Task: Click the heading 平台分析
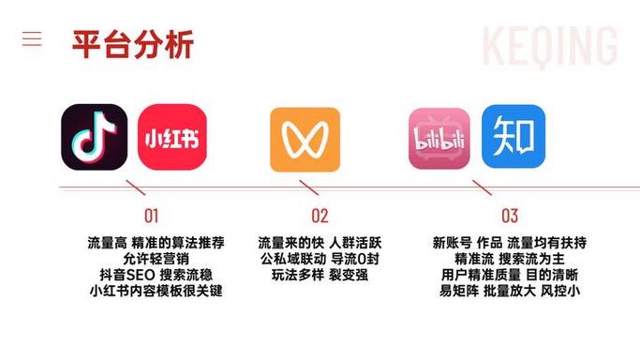(132, 44)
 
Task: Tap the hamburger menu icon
(32, 38)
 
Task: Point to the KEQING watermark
(549, 45)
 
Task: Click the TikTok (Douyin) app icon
(94, 137)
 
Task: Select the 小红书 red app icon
(171, 137)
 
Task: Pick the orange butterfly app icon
(305, 140)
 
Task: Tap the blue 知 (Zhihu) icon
(513, 136)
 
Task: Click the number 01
(152, 216)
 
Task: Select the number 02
(320, 216)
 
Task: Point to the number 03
(509, 216)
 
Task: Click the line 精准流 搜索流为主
(510, 258)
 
